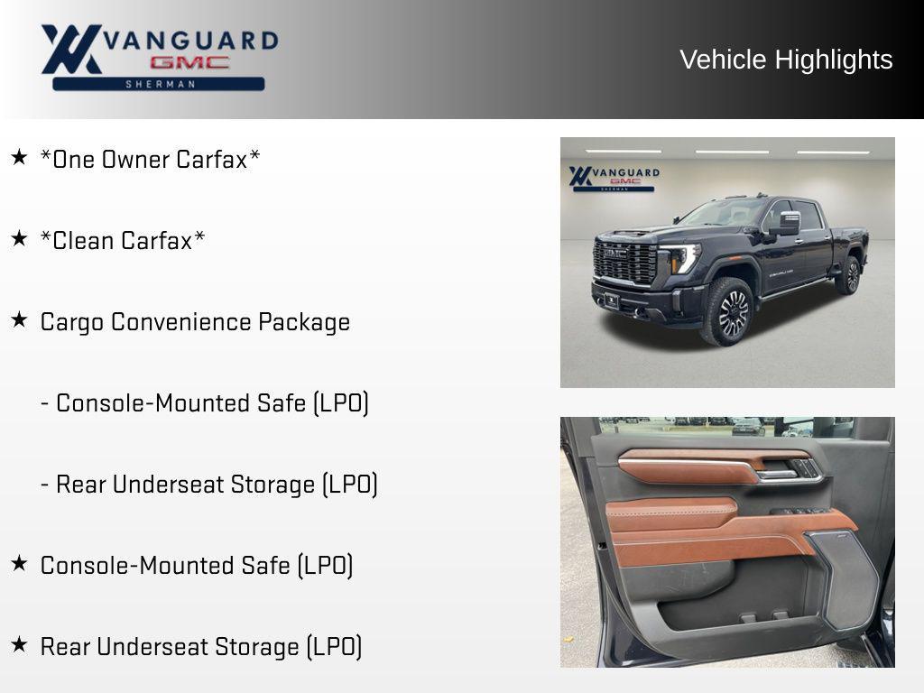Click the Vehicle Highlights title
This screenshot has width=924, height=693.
(x=786, y=60)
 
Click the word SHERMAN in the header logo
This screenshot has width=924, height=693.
(x=159, y=84)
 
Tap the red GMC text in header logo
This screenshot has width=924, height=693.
(x=189, y=63)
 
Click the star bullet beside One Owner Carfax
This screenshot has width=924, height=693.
(x=19, y=158)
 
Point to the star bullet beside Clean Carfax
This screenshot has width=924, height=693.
(x=19, y=239)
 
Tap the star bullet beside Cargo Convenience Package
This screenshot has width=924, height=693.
(x=19, y=320)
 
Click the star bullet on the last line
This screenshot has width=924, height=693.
(x=19, y=645)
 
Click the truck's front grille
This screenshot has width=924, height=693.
(x=624, y=262)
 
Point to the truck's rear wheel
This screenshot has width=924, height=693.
(x=849, y=276)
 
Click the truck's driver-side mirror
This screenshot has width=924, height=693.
(x=788, y=222)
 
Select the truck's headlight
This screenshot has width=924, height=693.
(x=683, y=258)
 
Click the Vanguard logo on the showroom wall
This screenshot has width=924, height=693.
(x=614, y=177)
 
